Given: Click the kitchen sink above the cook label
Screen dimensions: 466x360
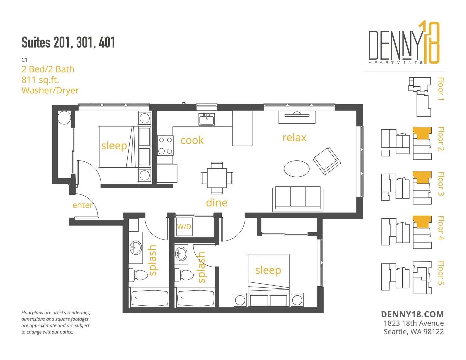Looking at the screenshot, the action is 206,119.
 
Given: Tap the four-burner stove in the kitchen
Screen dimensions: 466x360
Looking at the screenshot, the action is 165,146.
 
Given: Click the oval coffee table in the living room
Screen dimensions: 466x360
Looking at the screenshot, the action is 297,169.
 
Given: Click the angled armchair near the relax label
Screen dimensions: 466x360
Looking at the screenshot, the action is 327,161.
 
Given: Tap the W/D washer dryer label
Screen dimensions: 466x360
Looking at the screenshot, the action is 184,227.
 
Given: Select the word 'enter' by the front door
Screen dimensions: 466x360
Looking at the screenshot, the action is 83,205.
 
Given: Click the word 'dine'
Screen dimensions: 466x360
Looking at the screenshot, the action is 217,203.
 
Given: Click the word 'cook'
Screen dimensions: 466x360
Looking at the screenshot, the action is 192,140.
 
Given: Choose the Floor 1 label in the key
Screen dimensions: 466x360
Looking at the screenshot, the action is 440,89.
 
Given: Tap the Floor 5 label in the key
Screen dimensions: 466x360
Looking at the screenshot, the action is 440,273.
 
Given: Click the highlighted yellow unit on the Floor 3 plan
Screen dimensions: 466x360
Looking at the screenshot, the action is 422,177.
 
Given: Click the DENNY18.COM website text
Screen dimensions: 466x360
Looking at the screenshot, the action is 412,314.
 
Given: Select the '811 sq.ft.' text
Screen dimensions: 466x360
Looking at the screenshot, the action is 40,80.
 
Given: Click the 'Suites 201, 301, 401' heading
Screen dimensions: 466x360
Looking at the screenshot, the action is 68,42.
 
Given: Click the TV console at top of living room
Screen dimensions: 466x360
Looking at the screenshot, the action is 297,117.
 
